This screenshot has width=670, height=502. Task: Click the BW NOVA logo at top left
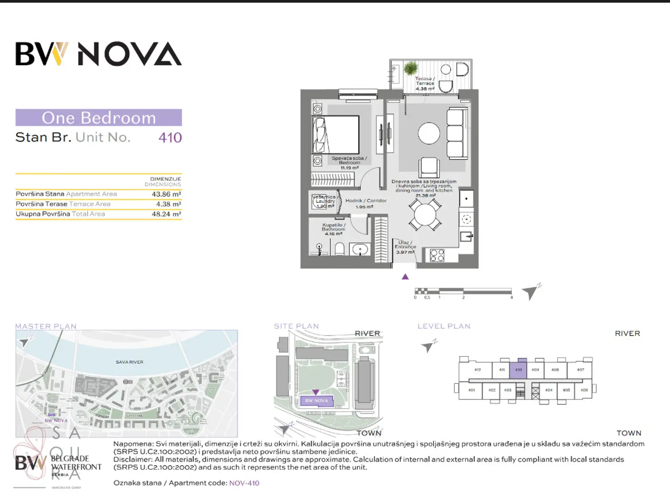(98, 54)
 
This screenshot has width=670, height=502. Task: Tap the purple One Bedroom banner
(99, 118)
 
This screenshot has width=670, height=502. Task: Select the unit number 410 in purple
(170, 138)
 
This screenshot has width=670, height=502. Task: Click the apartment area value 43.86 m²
(166, 194)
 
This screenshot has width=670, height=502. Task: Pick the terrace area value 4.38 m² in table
(168, 204)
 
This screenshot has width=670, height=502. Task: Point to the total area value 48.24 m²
(166, 214)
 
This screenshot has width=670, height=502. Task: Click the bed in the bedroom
(336, 134)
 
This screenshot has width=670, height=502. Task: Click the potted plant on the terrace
(410, 68)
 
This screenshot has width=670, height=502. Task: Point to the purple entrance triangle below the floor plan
(405, 277)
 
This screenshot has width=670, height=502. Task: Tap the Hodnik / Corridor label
(366, 201)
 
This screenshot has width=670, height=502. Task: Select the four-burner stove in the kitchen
(437, 255)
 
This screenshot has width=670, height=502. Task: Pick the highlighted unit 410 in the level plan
(518, 370)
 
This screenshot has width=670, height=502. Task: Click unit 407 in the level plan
(580, 370)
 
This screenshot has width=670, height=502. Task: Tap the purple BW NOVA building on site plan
(317, 401)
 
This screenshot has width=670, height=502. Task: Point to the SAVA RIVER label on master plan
(129, 362)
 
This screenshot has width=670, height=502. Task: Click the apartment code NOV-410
(244, 483)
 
